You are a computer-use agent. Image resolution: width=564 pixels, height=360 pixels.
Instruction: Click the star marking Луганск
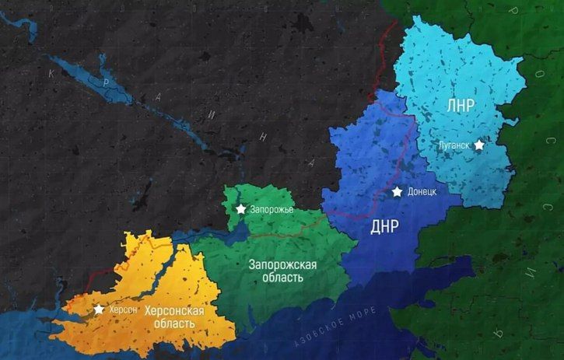[x=479, y=145]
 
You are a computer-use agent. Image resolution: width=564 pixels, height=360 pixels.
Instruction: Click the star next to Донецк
[x=398, y=191]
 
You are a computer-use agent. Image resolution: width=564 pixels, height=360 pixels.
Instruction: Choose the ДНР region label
[x=384, y=227]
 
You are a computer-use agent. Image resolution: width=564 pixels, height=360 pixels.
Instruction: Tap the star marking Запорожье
[x=241, y=209]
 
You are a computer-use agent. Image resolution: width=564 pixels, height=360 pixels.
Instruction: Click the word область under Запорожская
[x=283, y=278]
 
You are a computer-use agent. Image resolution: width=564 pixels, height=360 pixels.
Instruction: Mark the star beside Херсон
[x=99, y=309]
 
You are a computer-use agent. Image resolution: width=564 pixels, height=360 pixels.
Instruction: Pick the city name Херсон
[x=123, y=309]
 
